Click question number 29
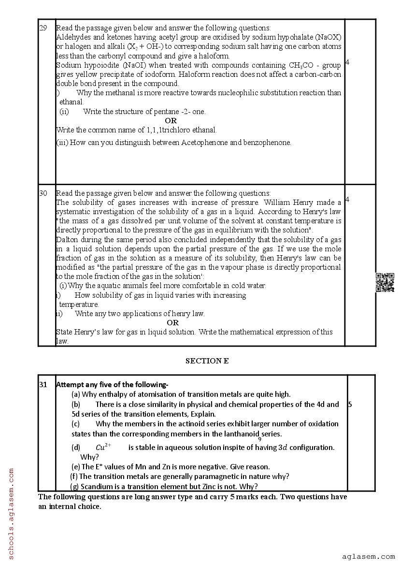point(43,28)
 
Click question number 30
point(43,193)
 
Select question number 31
point(43,385)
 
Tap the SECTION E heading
point(207,361)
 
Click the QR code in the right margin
point(385,283)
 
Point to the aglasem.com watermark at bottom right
point(369,557)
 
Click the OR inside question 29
point(171,120)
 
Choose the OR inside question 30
point(172,322)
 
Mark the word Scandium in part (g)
point(98,486)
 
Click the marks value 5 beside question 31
point(350,404)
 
